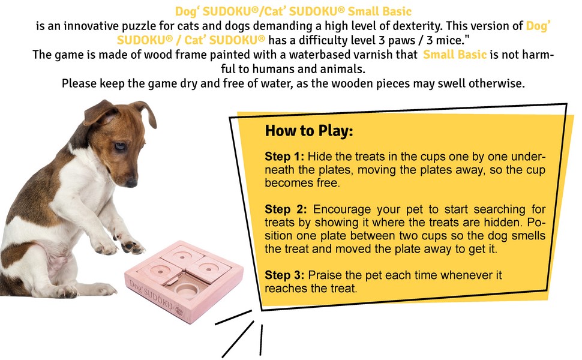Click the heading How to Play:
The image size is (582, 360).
tap(309, 131)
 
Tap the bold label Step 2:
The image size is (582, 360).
tap(286, 209)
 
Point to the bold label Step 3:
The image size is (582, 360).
tap(284, 276)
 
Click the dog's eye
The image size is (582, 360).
tap(120, 146)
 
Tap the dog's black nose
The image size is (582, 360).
tap(131, 182)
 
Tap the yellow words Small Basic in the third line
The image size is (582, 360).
tap(455, 55)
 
